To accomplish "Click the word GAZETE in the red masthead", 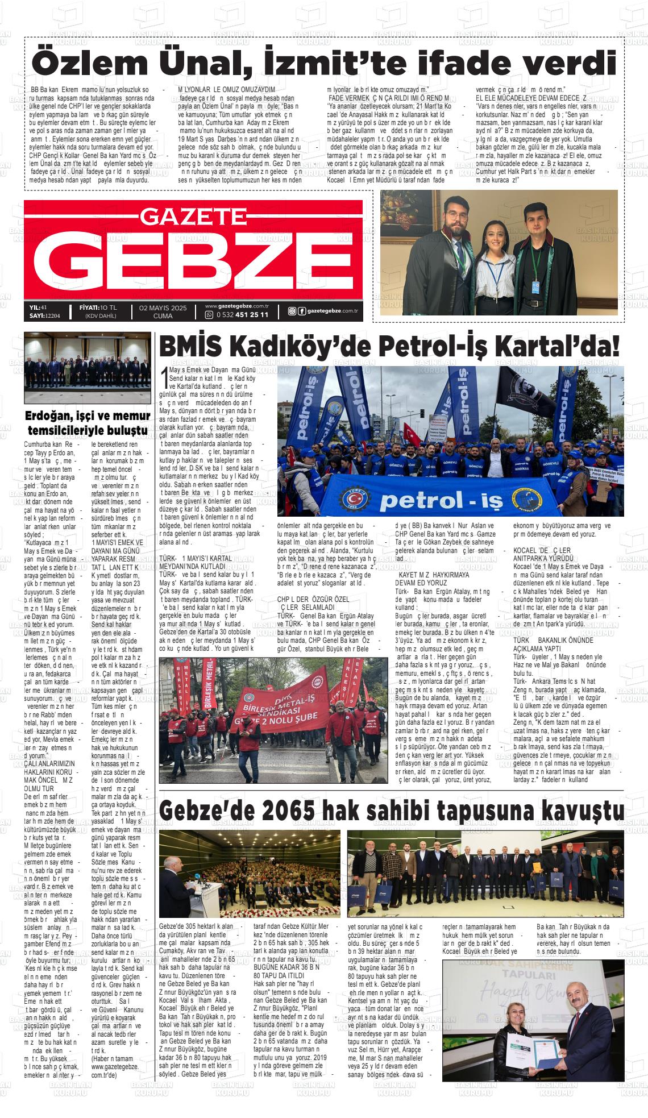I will (x=193, y=216).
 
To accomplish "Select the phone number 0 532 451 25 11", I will (x=242, y=315).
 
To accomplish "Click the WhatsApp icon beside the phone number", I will (x=209, y=315).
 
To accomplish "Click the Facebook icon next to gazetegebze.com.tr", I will (x=301, y=310).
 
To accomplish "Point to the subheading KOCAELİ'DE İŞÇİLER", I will (x=541, y=551).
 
